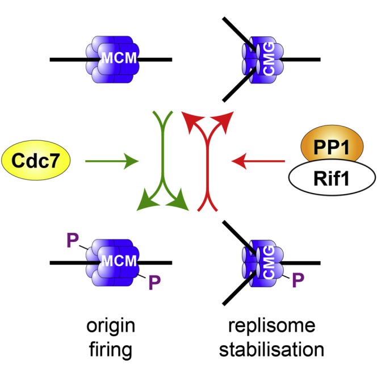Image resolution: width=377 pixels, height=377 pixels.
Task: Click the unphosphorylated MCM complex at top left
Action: click(111, 58)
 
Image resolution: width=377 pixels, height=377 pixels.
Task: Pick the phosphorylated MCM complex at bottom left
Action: click(111, 262)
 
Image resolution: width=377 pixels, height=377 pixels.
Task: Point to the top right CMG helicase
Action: click(259, 58)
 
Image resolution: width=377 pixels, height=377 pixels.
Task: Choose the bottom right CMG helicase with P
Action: click(259, 262)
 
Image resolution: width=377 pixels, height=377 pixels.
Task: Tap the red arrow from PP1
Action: click(258, 164)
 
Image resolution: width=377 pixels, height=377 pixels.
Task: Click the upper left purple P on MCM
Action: click(72, 241)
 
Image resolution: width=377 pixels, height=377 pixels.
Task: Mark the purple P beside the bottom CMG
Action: click(298, 279)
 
